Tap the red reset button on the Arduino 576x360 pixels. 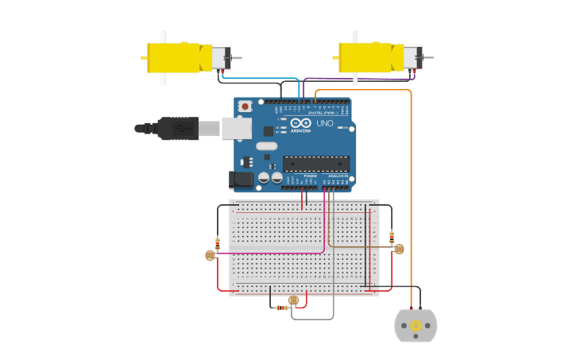(x=245, y=106)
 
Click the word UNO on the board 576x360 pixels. (x=325, y=123)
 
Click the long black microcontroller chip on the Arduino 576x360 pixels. (x=316, y=164)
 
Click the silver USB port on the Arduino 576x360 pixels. (x=236, y=128)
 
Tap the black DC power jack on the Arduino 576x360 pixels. (x=242, y=180)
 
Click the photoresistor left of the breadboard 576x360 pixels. (x=210, y=255)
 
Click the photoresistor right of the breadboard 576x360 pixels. (x=399, y=249)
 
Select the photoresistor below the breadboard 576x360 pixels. (x=294, y=300)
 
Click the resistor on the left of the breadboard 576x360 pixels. (x=218, y=243)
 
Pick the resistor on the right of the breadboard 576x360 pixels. (x=392, y=237)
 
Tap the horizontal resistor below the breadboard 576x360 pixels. (x=281, y=308)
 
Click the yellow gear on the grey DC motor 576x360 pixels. (x=416, y=325)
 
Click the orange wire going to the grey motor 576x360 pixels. (x=411, y=199)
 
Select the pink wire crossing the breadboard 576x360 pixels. (x=270, y=254)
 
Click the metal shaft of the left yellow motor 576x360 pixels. (x=236, y=58)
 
